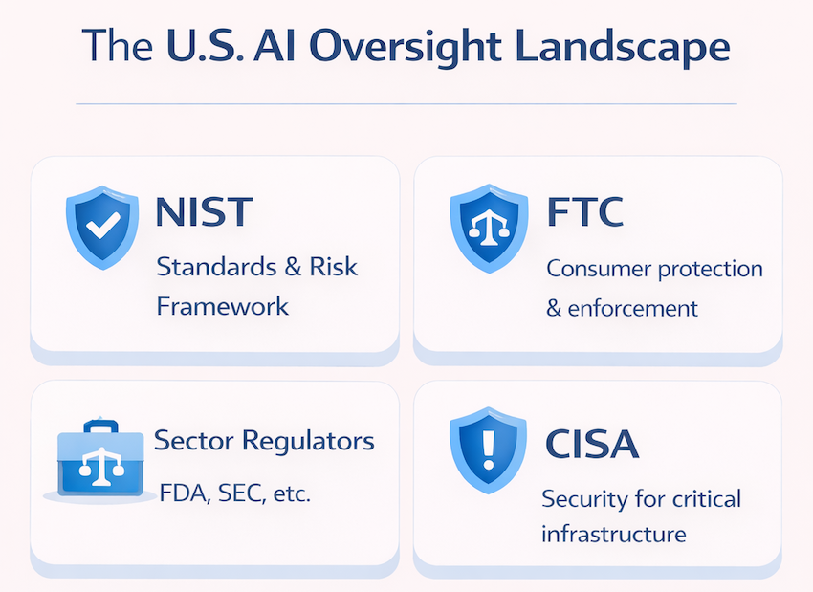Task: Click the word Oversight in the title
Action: tap(406, 47)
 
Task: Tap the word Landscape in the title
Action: tap(623, 47)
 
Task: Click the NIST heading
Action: tap(204, 211)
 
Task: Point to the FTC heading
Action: tap(584, 211)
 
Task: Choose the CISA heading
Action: tap(592, 444)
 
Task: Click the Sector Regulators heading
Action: tap(264, 441)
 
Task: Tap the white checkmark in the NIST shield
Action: tap(103, 225)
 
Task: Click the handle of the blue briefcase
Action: tap(101, 427)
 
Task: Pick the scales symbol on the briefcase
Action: tap(101, 466)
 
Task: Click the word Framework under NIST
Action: tap(223, 306)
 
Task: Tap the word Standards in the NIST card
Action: tap(216, 267)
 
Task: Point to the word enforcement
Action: tap(632, 309)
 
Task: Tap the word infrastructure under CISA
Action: tap(614, 534)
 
